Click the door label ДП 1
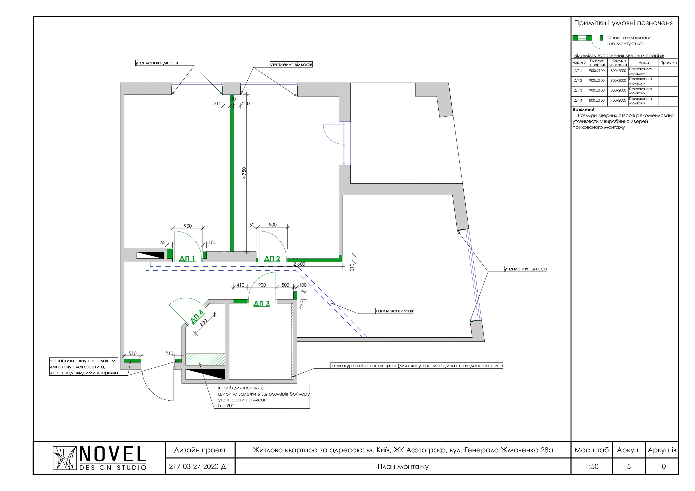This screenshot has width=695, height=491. click(x=187, y=259)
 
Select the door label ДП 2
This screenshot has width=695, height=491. click(x=272, y=259)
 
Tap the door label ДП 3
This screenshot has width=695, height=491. click(x=262, y=304)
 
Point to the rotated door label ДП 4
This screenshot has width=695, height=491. click(x=197, y=317)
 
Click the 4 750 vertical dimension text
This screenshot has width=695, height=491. click(x=244, y=173)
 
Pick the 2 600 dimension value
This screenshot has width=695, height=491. click(x=299, y=264)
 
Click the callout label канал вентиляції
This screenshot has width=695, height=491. click(x=394, y=311)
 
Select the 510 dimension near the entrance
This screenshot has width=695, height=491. click(x=133, y=353)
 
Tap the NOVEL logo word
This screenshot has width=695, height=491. click(x=113, y=454)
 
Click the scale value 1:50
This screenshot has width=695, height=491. click(x=592, y=466)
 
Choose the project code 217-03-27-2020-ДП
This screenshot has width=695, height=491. click(x=200, y=466)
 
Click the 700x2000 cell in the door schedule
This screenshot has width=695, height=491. click(x=618, y=100)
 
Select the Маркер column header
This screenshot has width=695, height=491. click(x=578, y=63)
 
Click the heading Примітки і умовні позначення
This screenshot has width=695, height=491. click(x=624, y=23)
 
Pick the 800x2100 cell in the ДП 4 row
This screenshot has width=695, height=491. click(x=597, y=100)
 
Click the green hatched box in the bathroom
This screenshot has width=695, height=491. click(x=205, y=359)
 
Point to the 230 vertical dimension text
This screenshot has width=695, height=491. click(x=301, y=304)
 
